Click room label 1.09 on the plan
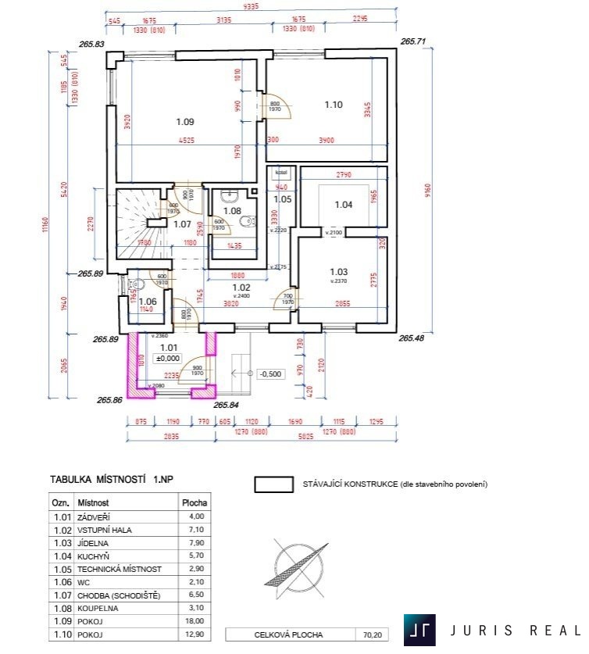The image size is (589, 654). tap(185, 122)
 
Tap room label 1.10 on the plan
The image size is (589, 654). tap(334, 104)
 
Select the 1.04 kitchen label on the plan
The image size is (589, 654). tap(344, 205)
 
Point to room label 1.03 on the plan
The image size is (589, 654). tap(338, 272)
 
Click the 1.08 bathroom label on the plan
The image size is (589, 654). tap(232, 211)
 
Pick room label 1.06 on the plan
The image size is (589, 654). tap(148, 301)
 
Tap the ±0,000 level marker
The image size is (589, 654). tap(170, 358)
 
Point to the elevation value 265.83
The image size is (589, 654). tap(91, 44)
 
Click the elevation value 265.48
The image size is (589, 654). tap(412, 338)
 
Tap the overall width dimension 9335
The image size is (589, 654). tap(251, 6)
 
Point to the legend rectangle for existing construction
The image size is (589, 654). tap(273, 484)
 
